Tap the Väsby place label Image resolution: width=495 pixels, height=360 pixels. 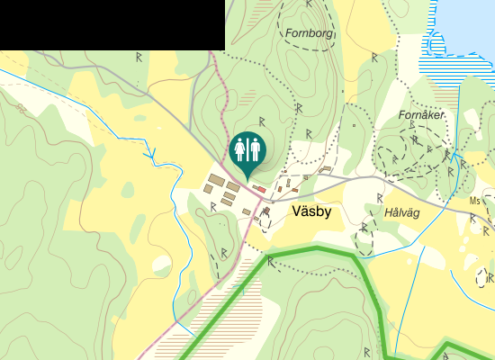pos(312,212)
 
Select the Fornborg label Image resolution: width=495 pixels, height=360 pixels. pos(309,34)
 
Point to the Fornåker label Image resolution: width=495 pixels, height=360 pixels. pos(421,115)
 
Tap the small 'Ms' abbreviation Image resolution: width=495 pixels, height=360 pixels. pos(475,201)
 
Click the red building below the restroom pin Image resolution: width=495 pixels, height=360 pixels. pos(259,188)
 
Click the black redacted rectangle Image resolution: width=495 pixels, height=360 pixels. pos(112,24)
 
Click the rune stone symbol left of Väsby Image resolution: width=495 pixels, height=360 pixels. pos(213,206)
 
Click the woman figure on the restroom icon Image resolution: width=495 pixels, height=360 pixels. pos(241,148)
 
